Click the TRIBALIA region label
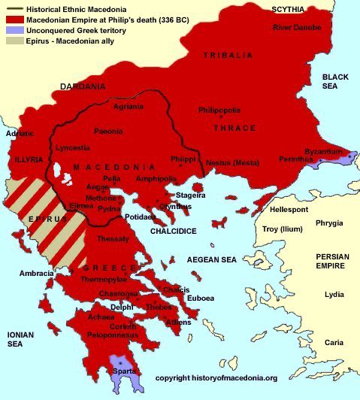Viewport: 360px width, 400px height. click(228, 56)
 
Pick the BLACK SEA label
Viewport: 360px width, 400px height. click(336, 82)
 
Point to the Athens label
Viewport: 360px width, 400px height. click(178, 322)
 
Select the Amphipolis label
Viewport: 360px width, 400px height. click(156, 179)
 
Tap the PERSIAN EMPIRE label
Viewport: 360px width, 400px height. click(331, 261)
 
